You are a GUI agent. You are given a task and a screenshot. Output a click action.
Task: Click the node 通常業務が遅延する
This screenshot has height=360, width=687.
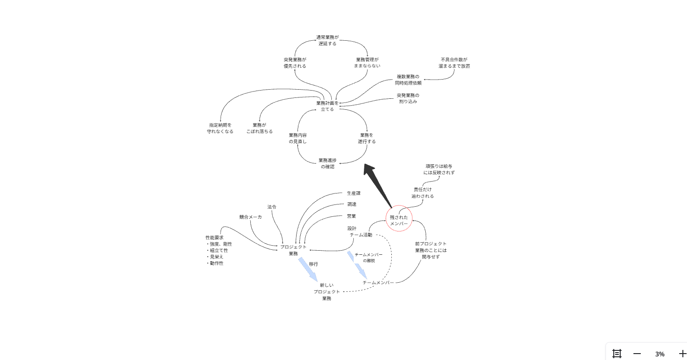coord(327,40)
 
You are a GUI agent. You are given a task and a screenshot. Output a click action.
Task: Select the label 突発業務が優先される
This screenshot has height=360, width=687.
coord(295,63)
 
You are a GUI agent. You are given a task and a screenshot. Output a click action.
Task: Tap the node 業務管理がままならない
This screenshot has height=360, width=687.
coord(367,63)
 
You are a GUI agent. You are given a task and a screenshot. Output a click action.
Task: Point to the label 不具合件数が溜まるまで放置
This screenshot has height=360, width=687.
coord(454,63)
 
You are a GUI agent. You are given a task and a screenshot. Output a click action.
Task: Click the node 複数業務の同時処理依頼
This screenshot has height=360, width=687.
coord(408,80)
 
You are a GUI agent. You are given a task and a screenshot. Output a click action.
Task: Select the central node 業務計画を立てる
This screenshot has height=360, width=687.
coord(327,106)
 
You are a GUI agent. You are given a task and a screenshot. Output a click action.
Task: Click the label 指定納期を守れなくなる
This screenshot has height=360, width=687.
coord(220,128)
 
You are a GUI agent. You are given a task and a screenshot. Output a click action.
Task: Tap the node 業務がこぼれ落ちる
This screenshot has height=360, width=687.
coord(260,128)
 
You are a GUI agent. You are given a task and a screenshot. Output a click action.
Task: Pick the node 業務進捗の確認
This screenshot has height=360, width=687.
coord(327,163)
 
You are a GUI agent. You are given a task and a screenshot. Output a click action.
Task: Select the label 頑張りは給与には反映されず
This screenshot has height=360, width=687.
coord(439,169)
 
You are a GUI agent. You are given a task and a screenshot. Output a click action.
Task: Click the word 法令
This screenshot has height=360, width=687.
coord(272,207)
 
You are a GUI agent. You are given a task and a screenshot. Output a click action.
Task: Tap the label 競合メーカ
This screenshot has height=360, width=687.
coord(250,217)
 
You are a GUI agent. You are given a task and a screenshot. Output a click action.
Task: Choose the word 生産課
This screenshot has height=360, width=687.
coord(353,193)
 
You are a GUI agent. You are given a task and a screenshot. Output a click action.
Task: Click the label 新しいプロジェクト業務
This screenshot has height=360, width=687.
coord(327,291)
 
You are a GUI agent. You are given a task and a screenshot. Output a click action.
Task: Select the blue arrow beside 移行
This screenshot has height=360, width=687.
coord(308,269)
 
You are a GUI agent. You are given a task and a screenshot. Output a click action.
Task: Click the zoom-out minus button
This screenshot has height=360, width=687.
coord(637,354)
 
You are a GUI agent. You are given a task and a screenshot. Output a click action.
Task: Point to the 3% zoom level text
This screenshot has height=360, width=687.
coord(660,354)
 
